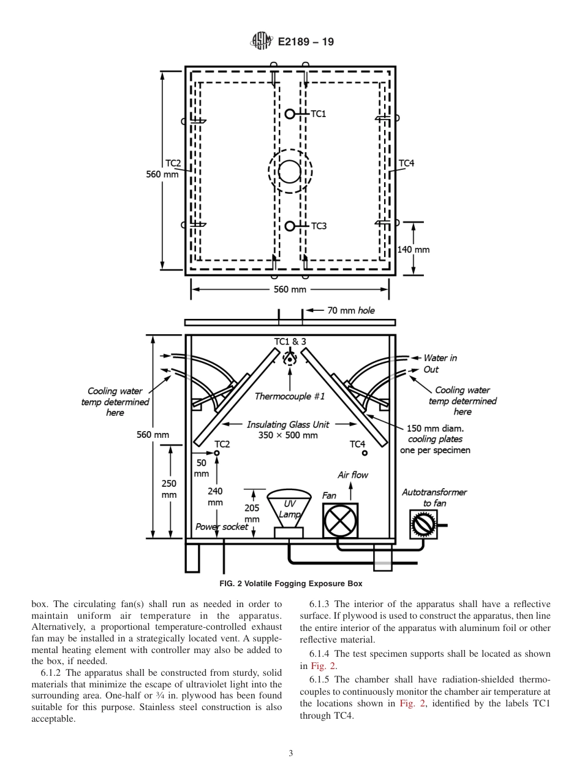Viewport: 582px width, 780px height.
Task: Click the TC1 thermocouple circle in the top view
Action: pos(290,113)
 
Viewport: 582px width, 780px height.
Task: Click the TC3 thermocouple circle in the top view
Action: pos(290,226)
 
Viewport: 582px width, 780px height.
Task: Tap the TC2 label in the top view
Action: pos(173,163)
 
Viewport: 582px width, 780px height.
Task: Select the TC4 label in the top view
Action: pos(406,163)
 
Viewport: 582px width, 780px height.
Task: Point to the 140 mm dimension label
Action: pos(414,250)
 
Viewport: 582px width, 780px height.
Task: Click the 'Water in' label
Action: pos(440,358)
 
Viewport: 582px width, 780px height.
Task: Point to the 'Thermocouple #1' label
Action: pos(290,396)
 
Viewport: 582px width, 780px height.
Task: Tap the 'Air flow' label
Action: pos(353,475)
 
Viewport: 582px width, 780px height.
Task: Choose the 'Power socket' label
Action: pos(222,527)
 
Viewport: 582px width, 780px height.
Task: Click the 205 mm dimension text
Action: pos(252,513)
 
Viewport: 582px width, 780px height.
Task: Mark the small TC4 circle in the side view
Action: pos(365,453)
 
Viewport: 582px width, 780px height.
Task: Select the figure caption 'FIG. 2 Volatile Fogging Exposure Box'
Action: pos(290,583)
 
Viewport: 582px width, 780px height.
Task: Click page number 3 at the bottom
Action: pos(290,753)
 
